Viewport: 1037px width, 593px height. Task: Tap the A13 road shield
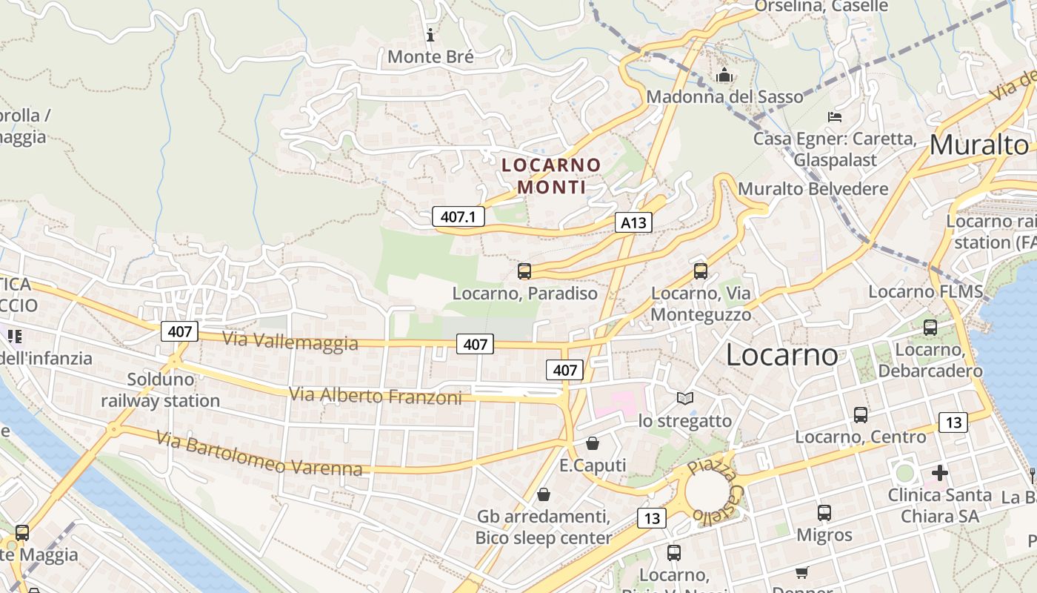coord(633,222)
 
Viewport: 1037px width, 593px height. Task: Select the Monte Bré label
coord(430,56)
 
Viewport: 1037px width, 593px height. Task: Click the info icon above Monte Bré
coord(430,34)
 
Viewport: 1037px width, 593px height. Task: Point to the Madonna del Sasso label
coord(724,96)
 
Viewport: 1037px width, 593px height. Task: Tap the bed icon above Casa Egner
coord(834,116)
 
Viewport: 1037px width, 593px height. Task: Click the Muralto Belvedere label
coord(813,188)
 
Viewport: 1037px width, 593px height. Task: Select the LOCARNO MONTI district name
coord(551,176)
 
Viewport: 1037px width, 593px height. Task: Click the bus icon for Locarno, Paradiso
coord(524,271)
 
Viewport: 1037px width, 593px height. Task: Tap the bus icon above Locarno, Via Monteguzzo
coord(701,271)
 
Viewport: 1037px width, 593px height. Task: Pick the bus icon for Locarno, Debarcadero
coord(930,327)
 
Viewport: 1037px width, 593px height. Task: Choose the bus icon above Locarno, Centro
coord(860,415)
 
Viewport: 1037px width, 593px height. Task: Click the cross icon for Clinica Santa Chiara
coord(939,472)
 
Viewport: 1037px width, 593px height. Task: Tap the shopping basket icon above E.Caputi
coord(592,443)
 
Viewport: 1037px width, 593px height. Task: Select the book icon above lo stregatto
coord(685,399)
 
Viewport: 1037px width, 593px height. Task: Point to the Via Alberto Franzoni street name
coord(375,396)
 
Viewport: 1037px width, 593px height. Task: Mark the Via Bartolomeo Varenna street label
coord(259,454)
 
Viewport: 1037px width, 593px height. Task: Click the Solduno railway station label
coord(161,390)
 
